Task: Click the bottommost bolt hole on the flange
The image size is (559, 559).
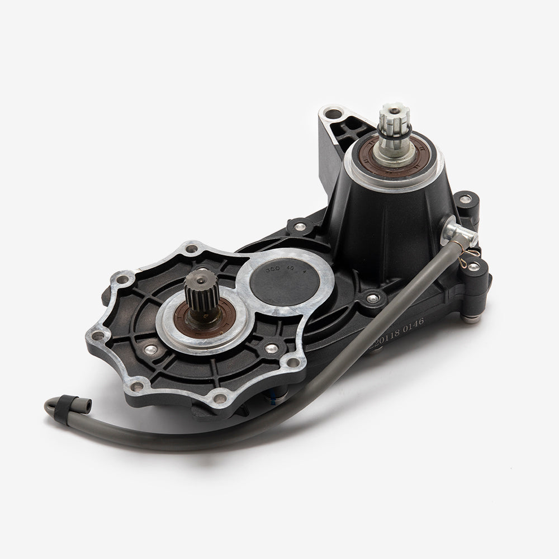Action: (x=220, y=398)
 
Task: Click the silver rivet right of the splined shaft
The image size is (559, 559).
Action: (x=271, y=349)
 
